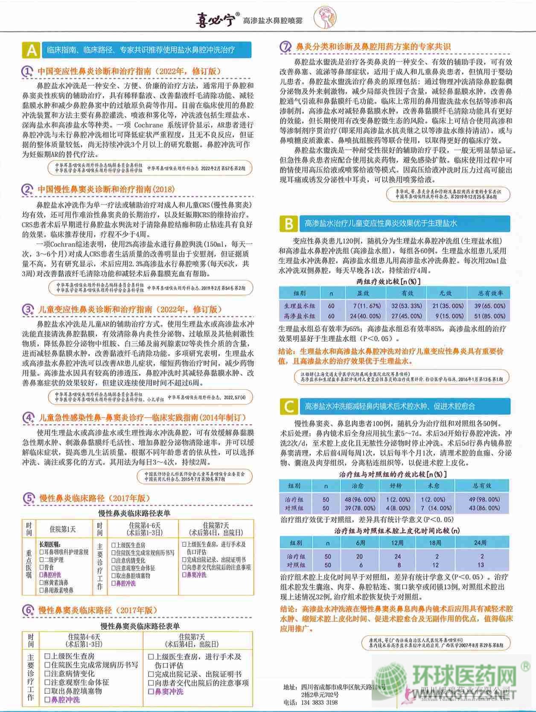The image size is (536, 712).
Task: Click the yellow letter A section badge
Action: point(31,50)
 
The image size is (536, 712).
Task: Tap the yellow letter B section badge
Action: point(288,224)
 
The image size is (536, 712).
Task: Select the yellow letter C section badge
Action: point(288,406)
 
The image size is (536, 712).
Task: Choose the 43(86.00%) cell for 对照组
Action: point(484,508)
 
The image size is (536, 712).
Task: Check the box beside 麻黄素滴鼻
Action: point(41,583)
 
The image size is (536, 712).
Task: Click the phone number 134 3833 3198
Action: point(317,702)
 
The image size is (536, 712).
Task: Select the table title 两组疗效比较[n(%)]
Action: point(388,281)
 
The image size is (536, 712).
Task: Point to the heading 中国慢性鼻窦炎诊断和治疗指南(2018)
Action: point(106,189)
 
